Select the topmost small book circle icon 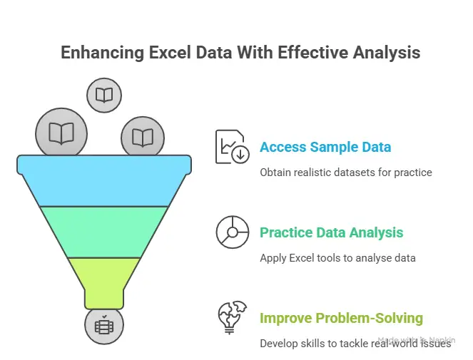click(104, 96)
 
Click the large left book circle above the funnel click(61, 133)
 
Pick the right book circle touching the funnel click(143, 137)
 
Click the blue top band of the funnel click(104, 178)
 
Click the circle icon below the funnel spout click(104, 326)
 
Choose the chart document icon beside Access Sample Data click(233, 147)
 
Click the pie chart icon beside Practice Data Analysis click(233, 232)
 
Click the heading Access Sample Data click(325, 148)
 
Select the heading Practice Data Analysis click(331, 233)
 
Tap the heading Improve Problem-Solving click(341, 318)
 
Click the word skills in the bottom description click(320, 343)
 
